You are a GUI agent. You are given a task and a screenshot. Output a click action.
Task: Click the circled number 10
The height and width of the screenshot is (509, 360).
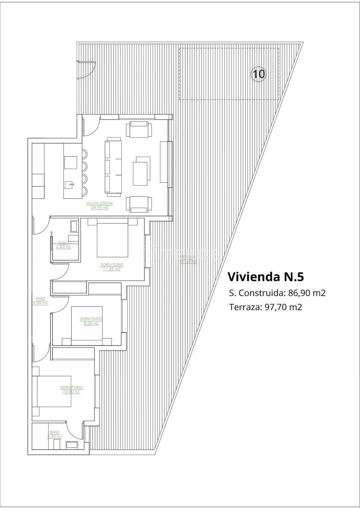pos(258,74)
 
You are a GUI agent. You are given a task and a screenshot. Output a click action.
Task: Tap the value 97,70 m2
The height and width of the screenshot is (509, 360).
pos(283,307)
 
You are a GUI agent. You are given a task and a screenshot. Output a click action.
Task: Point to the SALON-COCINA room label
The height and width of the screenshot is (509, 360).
pos(100,204)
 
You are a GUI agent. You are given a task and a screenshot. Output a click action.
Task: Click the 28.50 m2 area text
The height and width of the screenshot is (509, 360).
pos(100,208)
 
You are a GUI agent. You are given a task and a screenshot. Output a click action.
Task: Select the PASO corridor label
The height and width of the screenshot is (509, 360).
pos(40,299)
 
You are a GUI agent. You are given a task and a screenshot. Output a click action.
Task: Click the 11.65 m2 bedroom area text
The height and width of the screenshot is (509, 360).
pos(111,269)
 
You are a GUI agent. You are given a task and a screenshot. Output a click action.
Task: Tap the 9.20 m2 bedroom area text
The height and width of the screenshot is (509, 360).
pos(91,323)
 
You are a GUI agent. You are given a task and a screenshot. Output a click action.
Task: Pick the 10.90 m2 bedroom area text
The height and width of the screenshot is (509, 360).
pos(71,392)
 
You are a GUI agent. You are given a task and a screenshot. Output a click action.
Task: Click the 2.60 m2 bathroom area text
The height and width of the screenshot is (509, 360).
pos(63,247)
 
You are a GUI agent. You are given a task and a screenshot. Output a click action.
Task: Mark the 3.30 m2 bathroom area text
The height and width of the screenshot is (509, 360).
pos(54,436)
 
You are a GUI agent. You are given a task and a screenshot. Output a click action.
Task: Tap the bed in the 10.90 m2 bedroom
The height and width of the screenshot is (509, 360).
pos(54,391)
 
